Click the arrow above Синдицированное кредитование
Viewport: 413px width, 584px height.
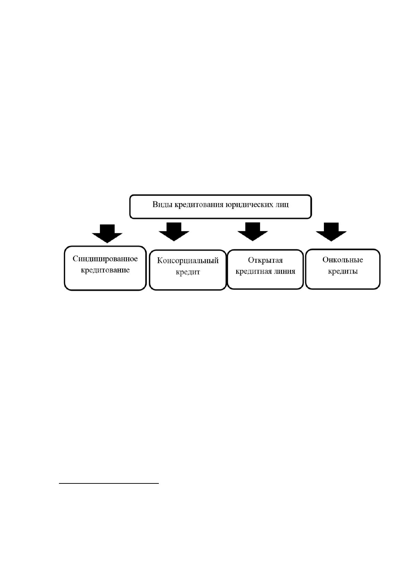point(107,233)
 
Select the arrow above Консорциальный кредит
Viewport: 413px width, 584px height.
point(174,232)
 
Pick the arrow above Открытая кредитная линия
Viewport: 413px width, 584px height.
point(253,232)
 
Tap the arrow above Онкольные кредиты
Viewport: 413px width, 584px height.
point(331,232)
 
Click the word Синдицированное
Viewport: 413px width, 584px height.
point(105,259)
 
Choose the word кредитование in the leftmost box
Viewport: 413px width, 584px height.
point(105,270)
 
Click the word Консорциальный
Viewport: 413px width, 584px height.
point(188,261)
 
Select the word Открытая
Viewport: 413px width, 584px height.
point(265,260)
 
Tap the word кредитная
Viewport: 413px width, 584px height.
point(254,272)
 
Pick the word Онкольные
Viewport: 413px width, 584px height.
point(343,260)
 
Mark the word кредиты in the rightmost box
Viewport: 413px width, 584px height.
point(343,271)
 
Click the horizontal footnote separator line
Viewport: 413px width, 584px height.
point(109,483)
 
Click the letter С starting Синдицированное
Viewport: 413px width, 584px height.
point(75,259)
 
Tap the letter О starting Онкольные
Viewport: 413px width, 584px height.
point(325,260)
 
